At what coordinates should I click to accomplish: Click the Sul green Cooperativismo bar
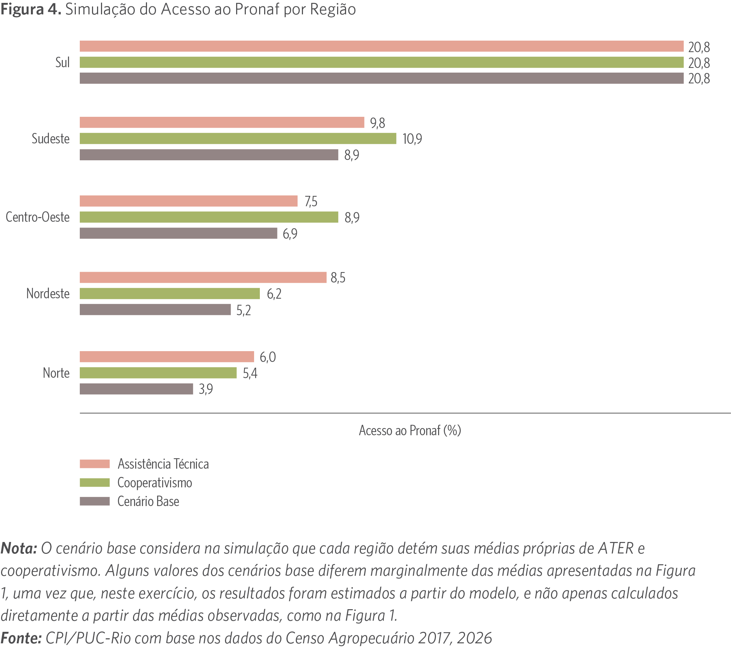(x=381, y=62)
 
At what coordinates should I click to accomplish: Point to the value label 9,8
(x=377, y=123)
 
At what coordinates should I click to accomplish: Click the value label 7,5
(x=311, y=201)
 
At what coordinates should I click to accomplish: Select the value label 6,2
(x=274, y=294)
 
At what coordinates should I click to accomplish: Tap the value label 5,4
(x=250, y=373)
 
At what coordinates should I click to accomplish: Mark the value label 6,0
(x=268, y=357)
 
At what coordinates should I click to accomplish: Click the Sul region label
(x=62, y=63)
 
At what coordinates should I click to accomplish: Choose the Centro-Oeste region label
(x=38, y=217)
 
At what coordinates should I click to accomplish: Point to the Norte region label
(x=56, y=373)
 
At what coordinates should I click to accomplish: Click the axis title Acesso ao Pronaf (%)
(x=410, y=430)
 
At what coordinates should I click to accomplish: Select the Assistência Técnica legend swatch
(x=95, y=464)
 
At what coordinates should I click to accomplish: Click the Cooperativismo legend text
(x=155, y=482)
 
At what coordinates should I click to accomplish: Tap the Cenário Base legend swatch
(x=95, y=501)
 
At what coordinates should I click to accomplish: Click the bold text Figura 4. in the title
(x=31, y=9)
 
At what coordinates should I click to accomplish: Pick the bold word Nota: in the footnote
(x=19, y=548)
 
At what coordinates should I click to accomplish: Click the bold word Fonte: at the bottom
(x=21, y=638)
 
